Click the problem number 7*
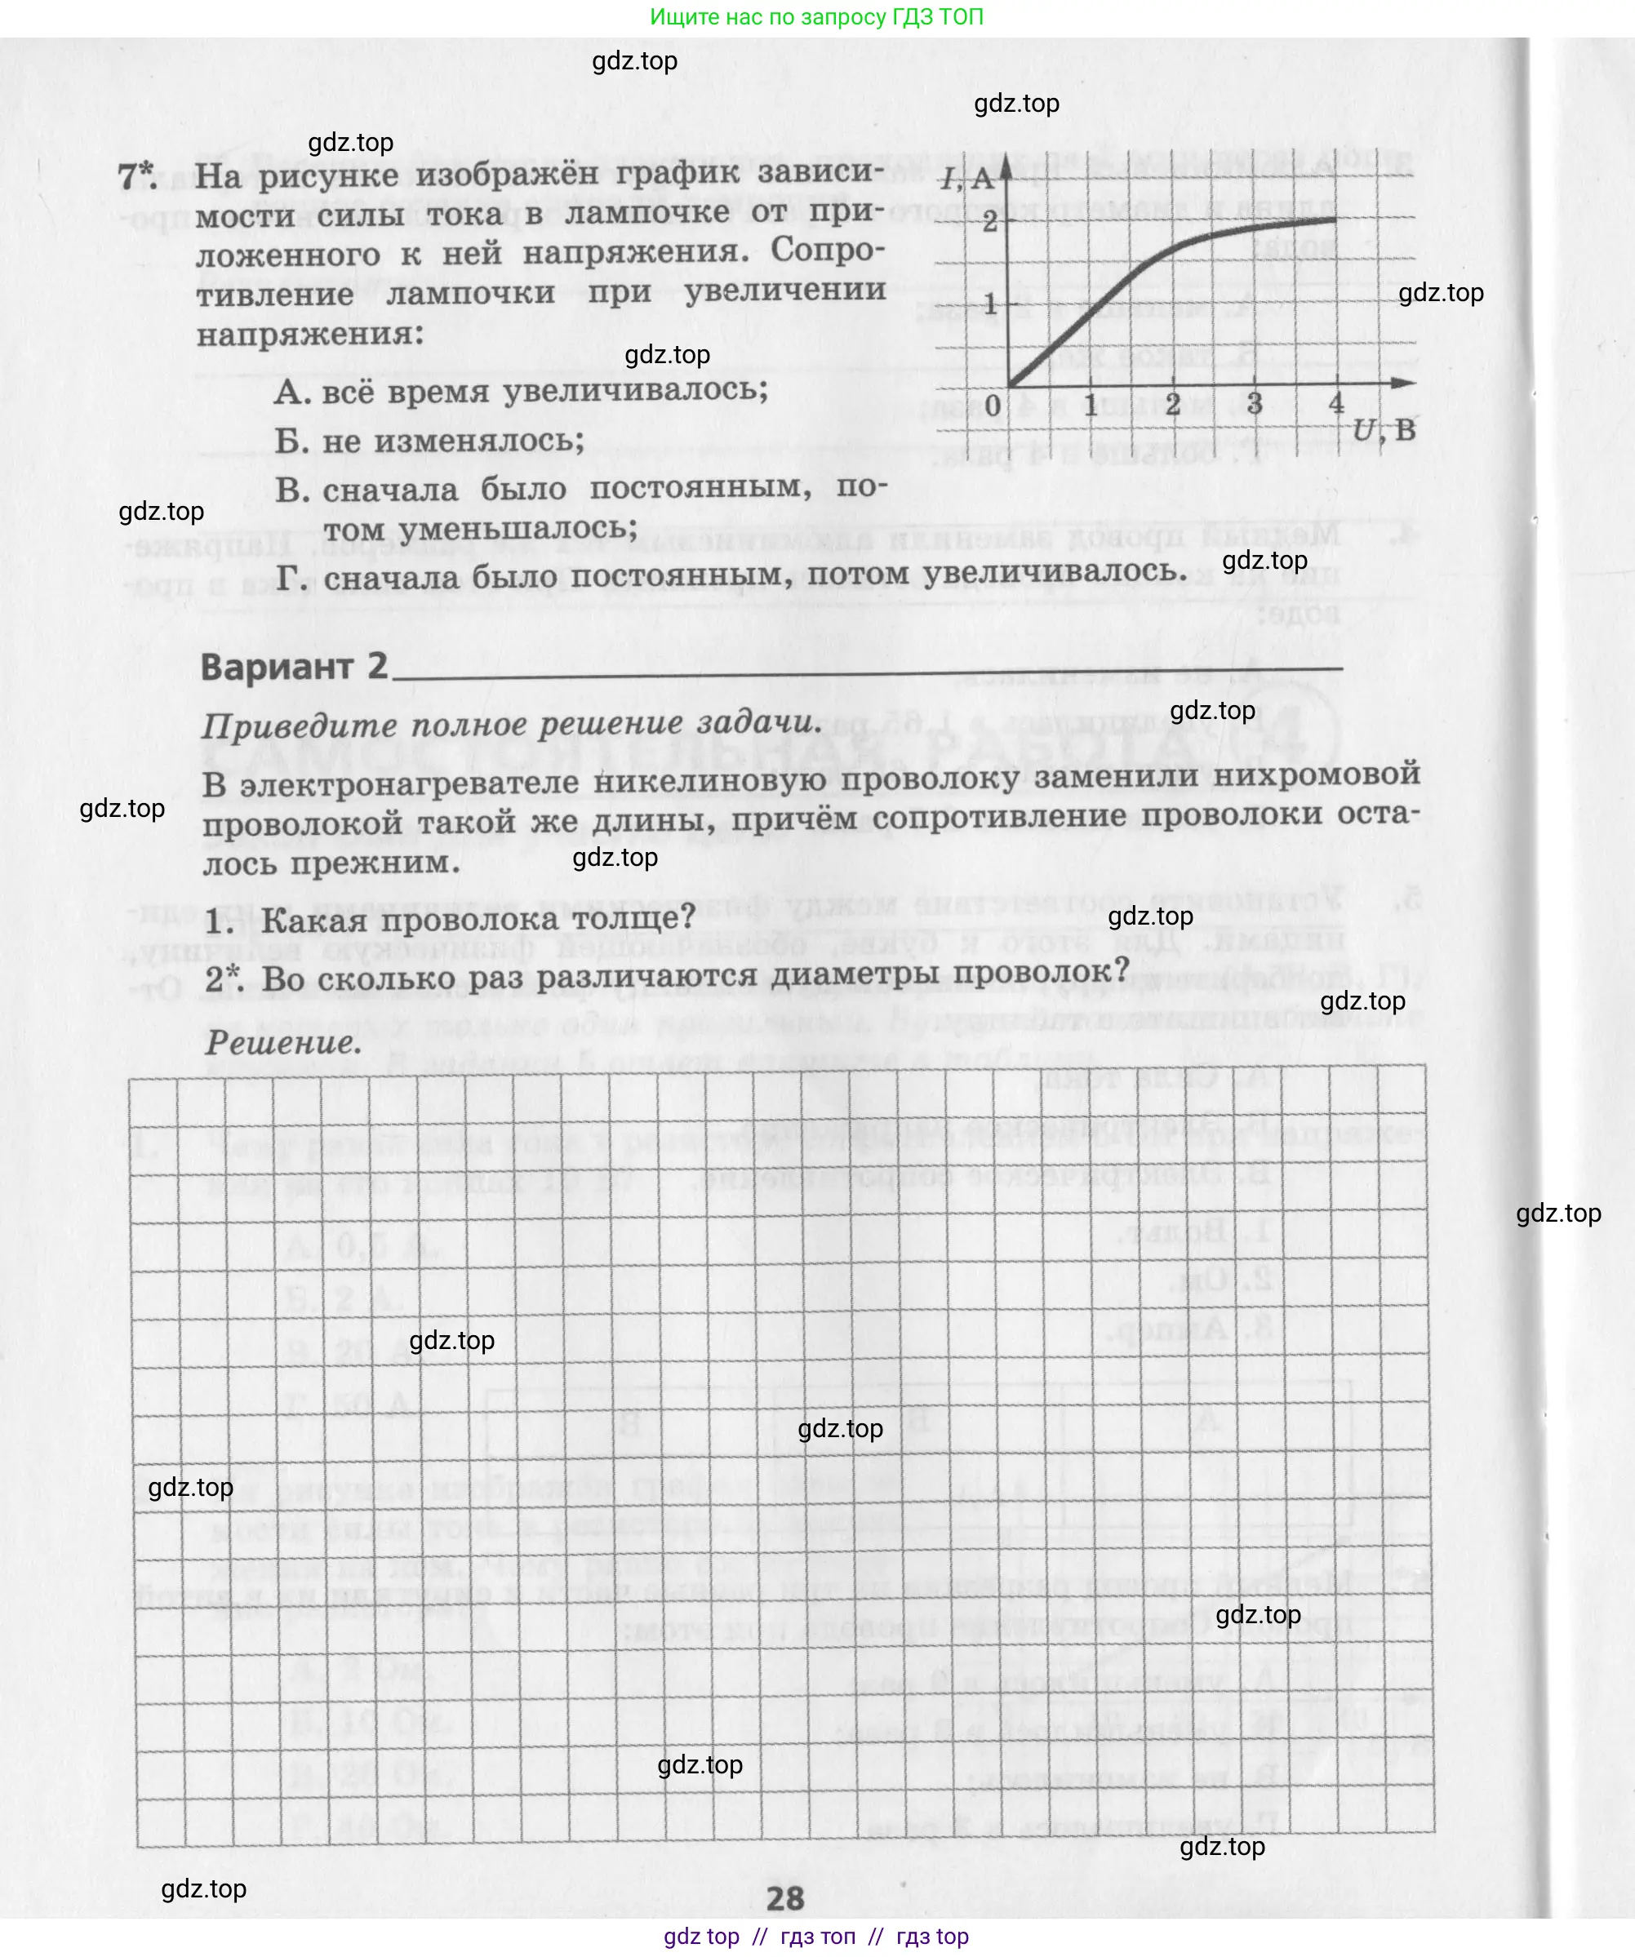click(137, 176)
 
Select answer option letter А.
click(291, 393)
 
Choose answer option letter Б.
click(291, 441)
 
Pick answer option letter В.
click(291, 490)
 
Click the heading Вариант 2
click(294, 668)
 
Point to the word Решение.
click(282, 1042)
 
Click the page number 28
click(785, 1897)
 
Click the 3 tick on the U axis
click(1255, 403)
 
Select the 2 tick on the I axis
click(989, 222)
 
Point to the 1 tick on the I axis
click(990, 303)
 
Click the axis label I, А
click(967, 177)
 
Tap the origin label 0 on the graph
click(993, 406)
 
